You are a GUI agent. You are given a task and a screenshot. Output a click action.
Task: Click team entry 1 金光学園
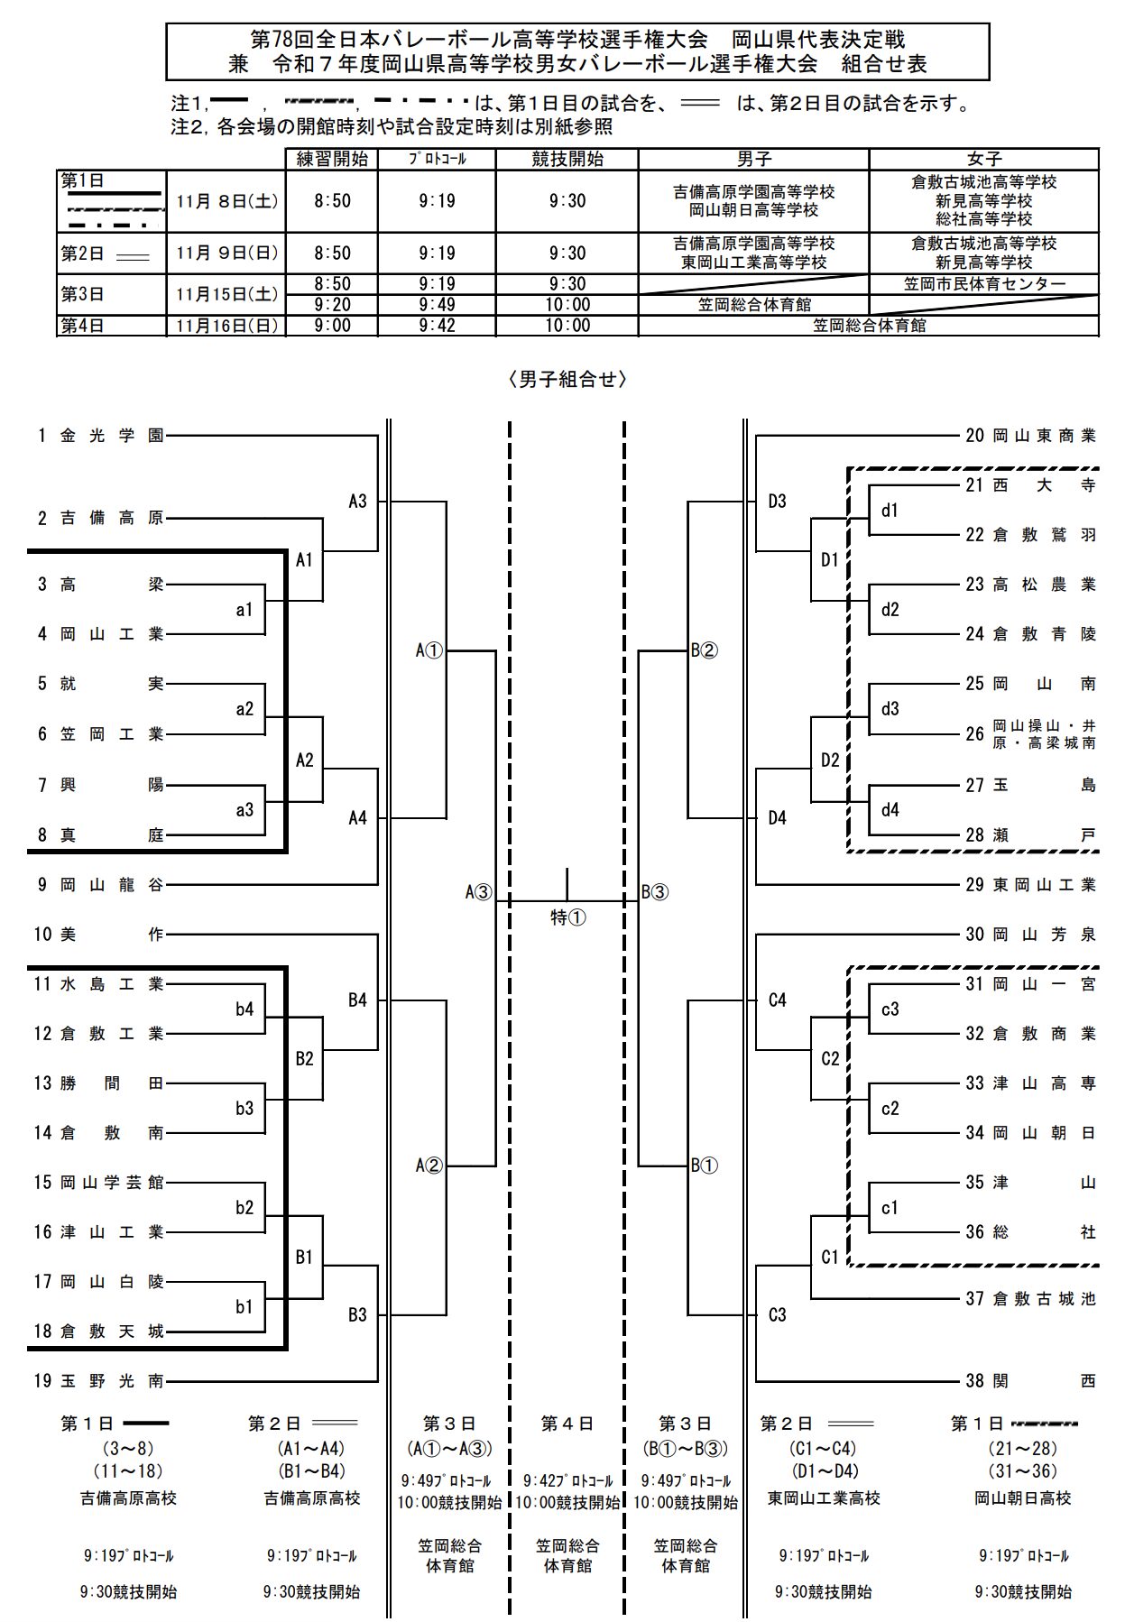(x=100, y=436)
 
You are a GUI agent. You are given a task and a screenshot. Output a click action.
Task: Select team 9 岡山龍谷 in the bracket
(x=100, y=885)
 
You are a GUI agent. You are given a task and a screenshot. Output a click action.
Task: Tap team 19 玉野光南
(x=100, y=1380)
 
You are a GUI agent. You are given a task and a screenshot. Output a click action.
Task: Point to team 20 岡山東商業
(x=1030, y=436)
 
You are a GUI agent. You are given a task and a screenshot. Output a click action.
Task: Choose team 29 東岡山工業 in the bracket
(x=1030, y=885)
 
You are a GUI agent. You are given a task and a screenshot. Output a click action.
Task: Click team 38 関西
(x=1030, y=1380)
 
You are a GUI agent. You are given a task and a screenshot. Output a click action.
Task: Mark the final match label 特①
(x=568, y=917)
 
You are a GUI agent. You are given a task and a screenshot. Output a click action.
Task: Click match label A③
(x=479, y=892)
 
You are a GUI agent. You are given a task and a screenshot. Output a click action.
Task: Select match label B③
(x=655, y=892)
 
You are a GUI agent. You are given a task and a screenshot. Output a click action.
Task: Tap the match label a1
(x=244, y=610)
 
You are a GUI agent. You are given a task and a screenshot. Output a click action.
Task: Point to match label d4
(x=890, y=810)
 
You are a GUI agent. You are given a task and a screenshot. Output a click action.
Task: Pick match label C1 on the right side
(x=830, y=1257)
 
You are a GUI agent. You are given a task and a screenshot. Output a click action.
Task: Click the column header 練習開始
(x=332, y=159)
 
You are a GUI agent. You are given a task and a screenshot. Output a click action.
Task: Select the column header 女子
(x=984, y=159)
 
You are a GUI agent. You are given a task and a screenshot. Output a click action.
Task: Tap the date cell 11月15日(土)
(x=226, y=294)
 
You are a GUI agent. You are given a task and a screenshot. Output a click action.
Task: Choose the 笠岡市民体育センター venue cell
(x=984, y=284)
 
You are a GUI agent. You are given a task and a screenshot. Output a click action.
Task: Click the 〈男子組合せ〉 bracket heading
(x=567, y=380)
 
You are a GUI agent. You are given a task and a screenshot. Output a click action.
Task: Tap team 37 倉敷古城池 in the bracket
(x=1030, y=1299)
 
